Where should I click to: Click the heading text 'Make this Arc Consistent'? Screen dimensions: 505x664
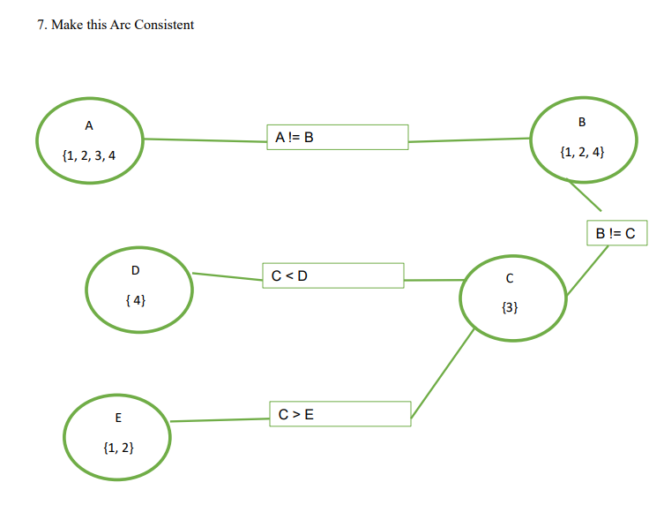click(123, 25)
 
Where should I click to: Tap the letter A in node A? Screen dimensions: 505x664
click(88, 126)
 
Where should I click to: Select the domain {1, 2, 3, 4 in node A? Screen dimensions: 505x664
click(89, 156)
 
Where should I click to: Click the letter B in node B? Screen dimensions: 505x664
click(581, 122)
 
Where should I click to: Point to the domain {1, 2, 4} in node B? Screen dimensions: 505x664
click(582, 152)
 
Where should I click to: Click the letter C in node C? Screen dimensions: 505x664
click(509, 278)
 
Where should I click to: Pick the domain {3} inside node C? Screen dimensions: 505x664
click(509, 308)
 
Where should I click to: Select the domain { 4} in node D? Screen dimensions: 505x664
click(136, 300)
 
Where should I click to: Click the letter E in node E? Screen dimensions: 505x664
click(118, 418)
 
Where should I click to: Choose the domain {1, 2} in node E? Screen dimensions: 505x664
click(118, 448)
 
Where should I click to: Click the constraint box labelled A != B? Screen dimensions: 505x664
click(337, 137)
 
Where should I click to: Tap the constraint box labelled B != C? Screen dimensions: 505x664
click(616, 234)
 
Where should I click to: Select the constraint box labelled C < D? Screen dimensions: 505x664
click(333, 275)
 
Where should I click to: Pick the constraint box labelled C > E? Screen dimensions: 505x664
click(339, 414)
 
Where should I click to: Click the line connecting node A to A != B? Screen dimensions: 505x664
click(205, 139)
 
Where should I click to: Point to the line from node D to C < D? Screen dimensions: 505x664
click(228, 277)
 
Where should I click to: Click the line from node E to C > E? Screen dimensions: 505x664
click(220, 420)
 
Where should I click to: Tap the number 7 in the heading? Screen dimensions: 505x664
click(41, 25)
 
